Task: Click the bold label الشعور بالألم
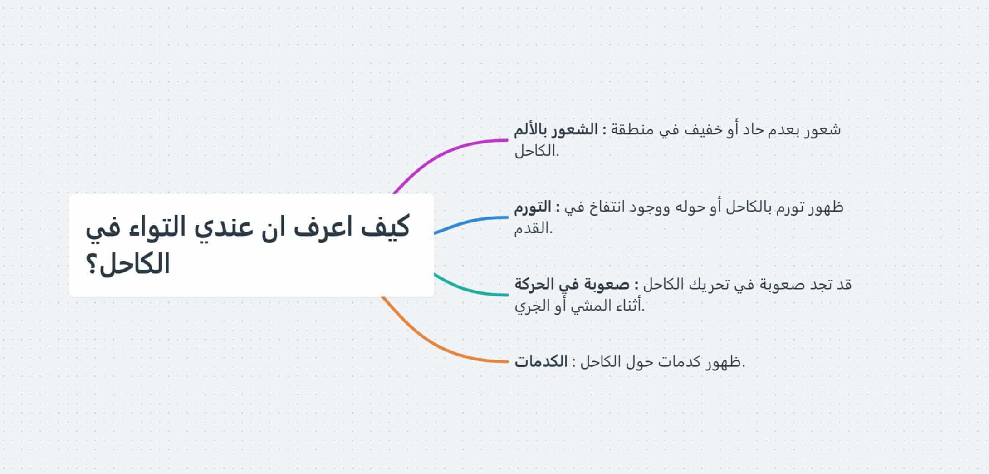coord(556,130)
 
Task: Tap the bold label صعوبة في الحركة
coord(572,285)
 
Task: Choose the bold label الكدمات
coord(541,362)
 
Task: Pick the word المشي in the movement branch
coord(589,306)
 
